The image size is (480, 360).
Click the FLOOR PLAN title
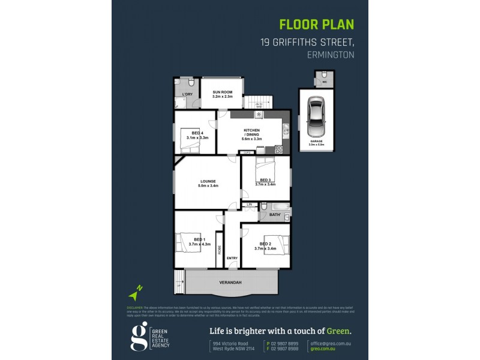tap(317, 25)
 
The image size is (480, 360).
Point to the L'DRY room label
tap(187, 95)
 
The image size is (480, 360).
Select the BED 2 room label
tap(266, 244)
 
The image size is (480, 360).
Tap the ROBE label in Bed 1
tap(220, 251)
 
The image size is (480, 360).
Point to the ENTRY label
tap(232, 258)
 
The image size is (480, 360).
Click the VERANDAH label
tap(230, 282)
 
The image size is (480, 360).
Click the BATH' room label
tap(275, 214)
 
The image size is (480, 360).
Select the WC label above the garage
tap(325, 82)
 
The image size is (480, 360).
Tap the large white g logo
tap(139, 337)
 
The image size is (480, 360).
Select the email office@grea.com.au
tap(329, 343)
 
